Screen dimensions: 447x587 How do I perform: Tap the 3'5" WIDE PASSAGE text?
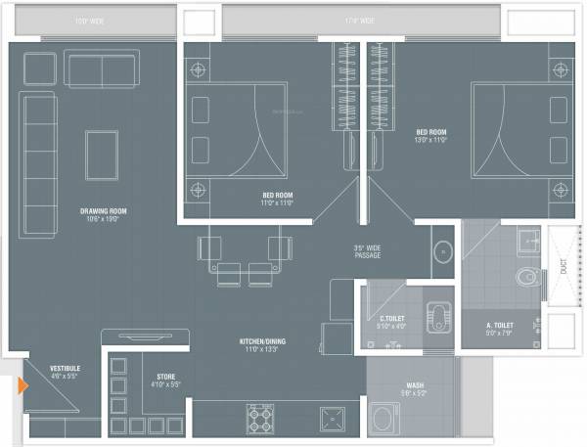coord(367,251)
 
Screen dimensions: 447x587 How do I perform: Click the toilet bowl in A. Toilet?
coord(529,277)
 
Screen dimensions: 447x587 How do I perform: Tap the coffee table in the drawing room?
coord(102,154)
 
